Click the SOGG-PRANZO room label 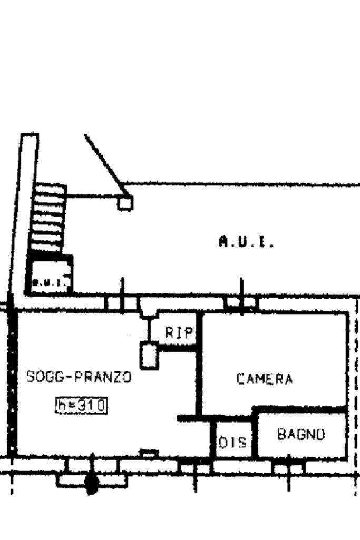(x=79, y=377)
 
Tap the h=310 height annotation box (x=81, y=405)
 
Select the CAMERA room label (x=264, y=379)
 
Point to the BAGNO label (x=301, y=435)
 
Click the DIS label (x=232, y=443)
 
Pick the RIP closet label (x=178, y=332)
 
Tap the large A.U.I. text (x=246, y=242)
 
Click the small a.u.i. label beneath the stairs (x=48, y=282)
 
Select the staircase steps (x=48, y=216)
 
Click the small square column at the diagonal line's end (x=125, y=202)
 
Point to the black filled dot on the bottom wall (x=92, y=484)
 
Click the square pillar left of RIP (x=149, y=356)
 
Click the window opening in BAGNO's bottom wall (x=288, y=467)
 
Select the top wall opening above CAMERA (x=241, y=303)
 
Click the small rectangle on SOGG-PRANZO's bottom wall (x=150, y=453)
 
